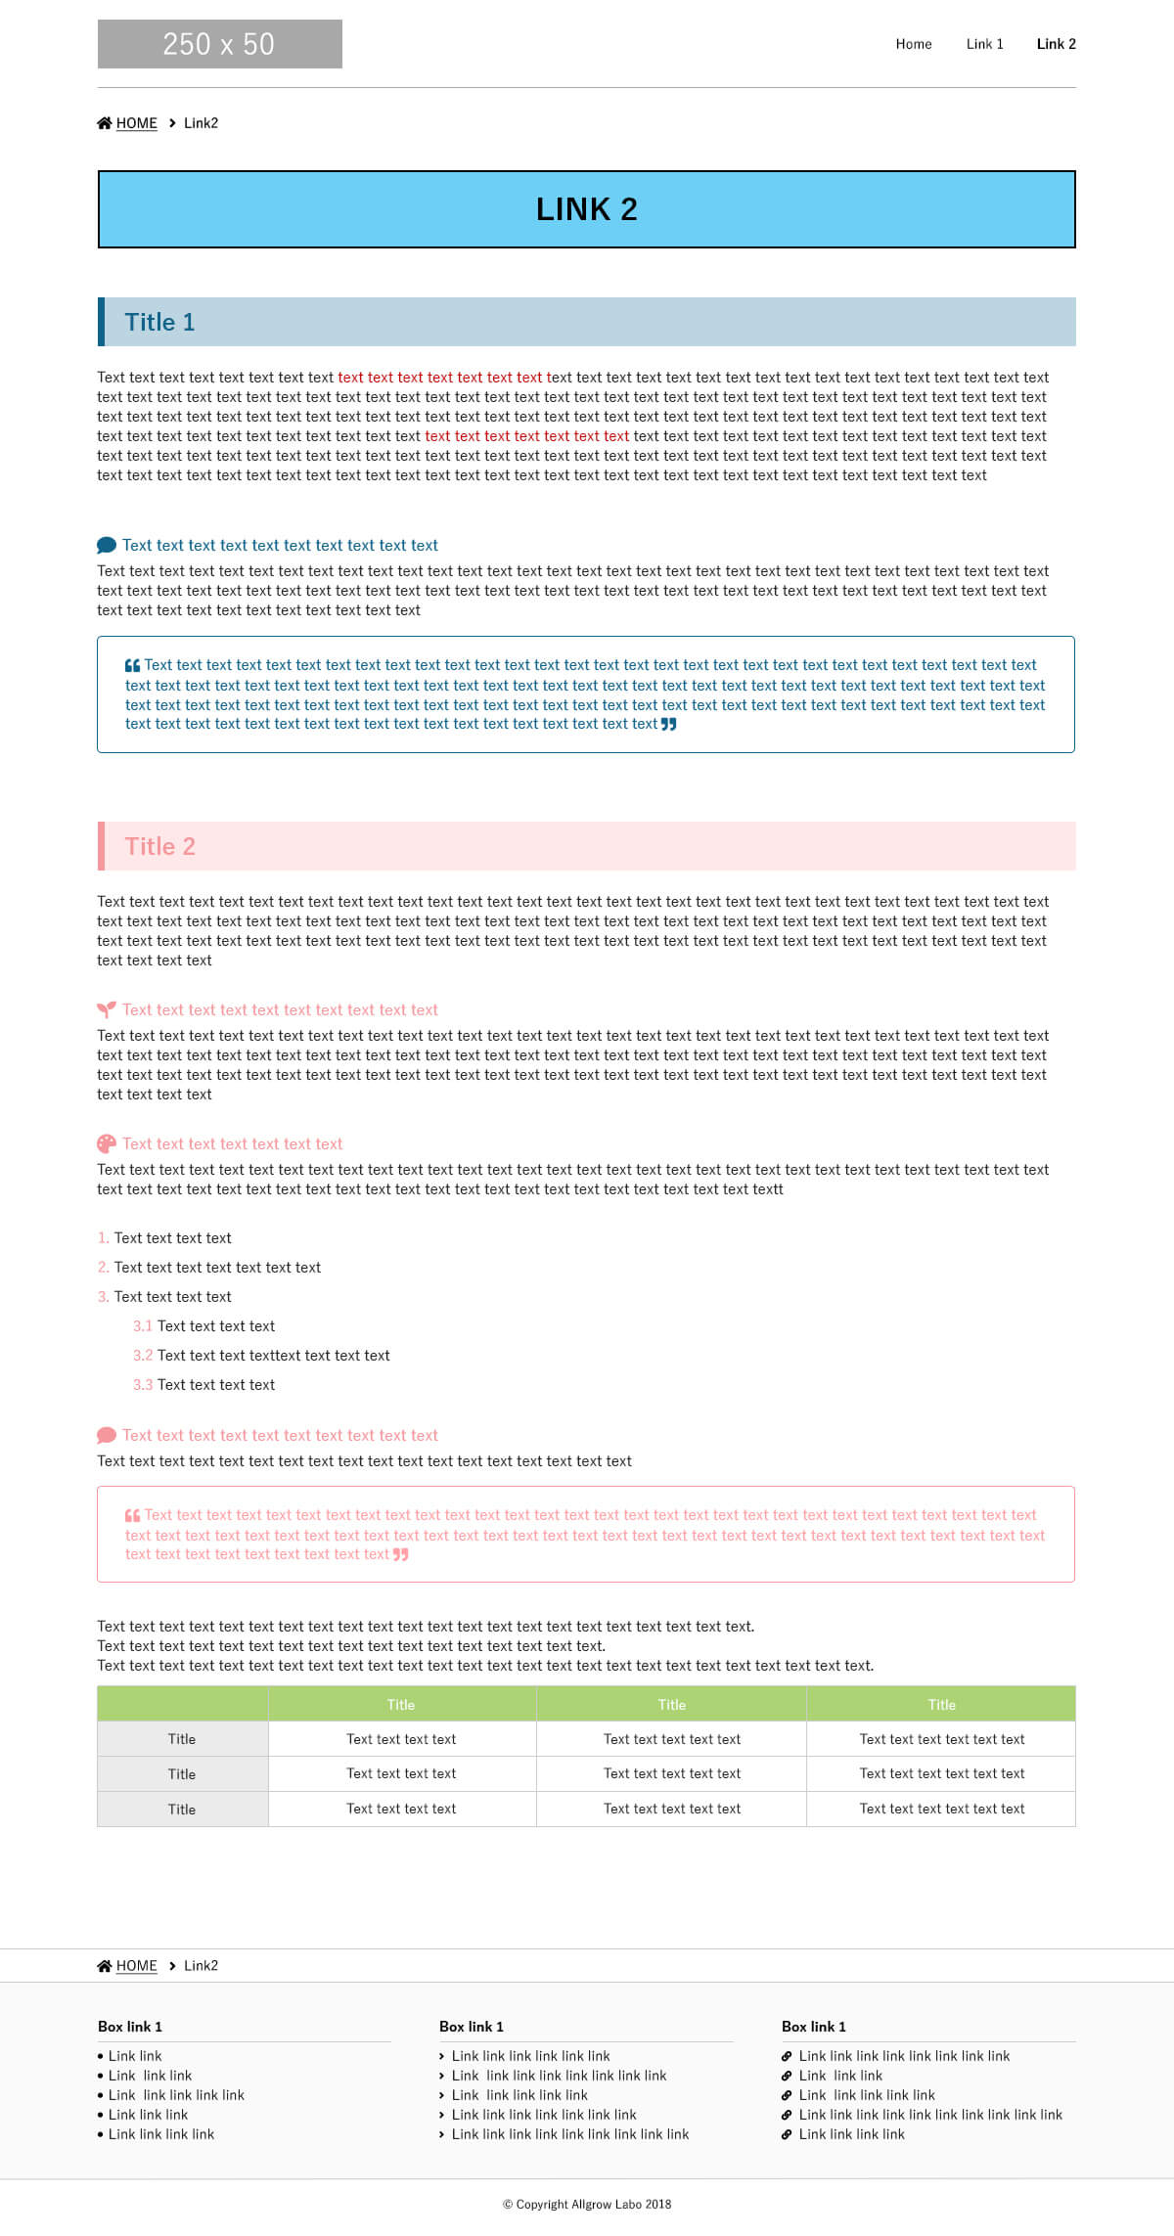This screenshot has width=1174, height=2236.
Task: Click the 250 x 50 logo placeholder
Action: pyautogui.click(x=219, y=44)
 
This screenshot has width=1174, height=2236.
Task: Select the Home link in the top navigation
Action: pyautogui.click(x=913, y=44)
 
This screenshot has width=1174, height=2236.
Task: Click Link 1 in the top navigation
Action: pyautogui.click(x=984, y=44)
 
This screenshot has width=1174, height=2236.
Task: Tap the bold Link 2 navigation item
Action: pyautogui.click(x=1056, y=44)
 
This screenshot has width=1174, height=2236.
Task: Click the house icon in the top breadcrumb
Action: pyautogui.click(x=105, y=123)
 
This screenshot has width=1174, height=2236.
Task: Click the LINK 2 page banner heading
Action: pyautogui.click(x=586, y=209)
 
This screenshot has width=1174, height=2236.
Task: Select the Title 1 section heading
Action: pyautogui.click(x=159, y=322)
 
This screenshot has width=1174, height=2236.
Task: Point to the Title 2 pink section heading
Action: pyautogui.click(x=159, y=846)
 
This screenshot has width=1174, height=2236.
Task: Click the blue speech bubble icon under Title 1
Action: pyautogui.click(x=107, y=545)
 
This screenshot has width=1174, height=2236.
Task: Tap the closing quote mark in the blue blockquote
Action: pyautogui.click(x=668, y=725)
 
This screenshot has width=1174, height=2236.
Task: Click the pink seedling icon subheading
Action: pyautogui.click(x=107, y=1009)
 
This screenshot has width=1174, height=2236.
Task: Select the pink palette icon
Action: pyautogui.click(x=107, y=1143)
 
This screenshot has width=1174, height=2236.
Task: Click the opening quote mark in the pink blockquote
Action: pyautogui.click(x=132, y=1515)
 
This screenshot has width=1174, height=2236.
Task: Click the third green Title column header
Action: pyautogui.click(x=941, y=1704)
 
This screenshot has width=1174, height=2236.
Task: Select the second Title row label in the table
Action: pyautogui.click(x=182, y=1773)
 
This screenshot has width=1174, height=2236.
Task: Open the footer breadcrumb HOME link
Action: pyautogui.click(x=136, y=1965)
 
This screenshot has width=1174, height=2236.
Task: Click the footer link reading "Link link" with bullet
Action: pyautogui.click(x=135, y=2056)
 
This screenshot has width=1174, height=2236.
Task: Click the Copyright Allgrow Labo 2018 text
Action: pyautogui.click(x=587, y=2204)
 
